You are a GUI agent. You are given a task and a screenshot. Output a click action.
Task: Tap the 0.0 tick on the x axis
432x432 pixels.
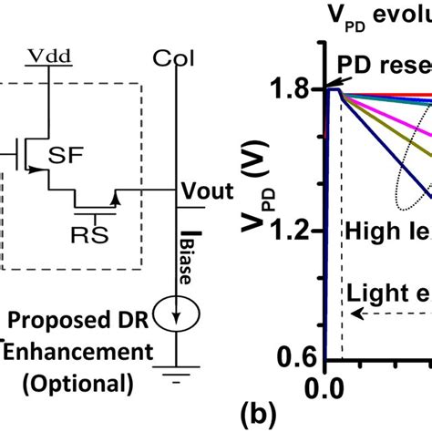[326, 386]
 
